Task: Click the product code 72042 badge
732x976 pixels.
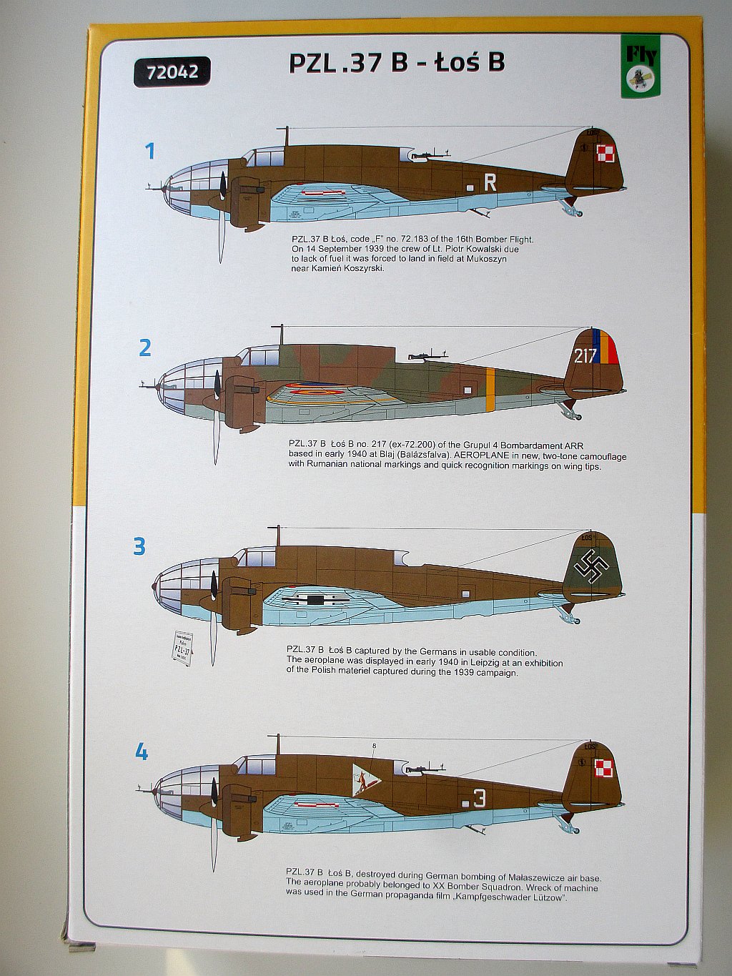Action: [172, 72]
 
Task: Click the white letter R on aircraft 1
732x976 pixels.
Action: [490, 183]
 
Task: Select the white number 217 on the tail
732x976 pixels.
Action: [585, 355]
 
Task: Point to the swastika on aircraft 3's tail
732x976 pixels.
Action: [593, 566]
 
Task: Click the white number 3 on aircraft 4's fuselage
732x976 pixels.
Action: [480, 799]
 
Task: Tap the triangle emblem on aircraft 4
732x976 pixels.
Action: [365, 779]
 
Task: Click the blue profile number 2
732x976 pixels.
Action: [145, 348]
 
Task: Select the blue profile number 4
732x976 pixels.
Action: [142, 751]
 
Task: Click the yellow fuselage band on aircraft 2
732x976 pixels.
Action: [490, 390]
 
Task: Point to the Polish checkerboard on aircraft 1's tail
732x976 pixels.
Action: [605, 152]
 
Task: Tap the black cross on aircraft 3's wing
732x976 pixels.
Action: [315, 599]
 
